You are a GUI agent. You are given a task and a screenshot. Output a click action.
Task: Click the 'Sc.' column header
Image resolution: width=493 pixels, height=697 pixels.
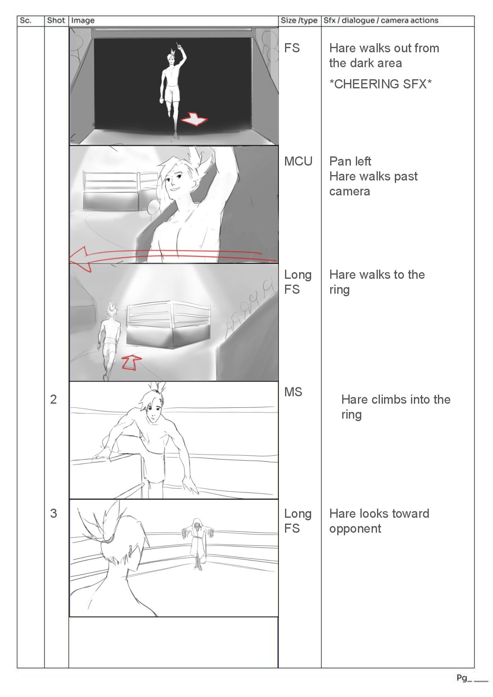(25, 21)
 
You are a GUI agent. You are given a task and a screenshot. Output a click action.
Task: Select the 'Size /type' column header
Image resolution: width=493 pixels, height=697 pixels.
(299, 21)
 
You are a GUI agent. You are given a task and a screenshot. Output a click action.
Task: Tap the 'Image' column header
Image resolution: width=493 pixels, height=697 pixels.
(83, 21)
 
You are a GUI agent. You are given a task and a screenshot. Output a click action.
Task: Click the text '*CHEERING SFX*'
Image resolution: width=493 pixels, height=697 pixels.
(380, 84)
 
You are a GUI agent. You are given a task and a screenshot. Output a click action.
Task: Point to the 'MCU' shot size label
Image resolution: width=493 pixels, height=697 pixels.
(298, 161)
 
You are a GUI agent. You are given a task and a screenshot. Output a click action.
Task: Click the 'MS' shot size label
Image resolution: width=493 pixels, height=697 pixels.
(293, 392)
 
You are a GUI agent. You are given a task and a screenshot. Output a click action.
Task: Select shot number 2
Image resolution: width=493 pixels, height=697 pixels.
(53, 400)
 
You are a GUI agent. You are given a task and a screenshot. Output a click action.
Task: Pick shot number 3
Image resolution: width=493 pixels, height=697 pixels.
(53, 514)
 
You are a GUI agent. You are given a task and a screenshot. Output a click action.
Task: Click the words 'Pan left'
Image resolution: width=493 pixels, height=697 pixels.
(350, 161)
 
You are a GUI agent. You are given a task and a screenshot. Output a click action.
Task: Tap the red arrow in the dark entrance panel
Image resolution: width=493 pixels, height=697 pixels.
(194, 119)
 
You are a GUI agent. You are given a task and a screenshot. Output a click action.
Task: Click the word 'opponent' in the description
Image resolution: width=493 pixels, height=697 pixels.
(355, 529)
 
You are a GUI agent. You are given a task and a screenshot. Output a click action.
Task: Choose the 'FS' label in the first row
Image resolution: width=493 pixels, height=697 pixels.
(292, 49)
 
